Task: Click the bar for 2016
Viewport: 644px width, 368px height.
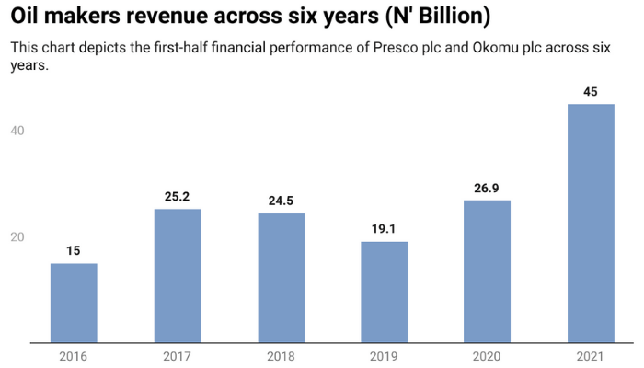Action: (x=74, y=304)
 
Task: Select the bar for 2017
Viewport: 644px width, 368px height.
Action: (x=178, y=276)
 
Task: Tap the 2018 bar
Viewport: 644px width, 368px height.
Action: (x=281, y=278)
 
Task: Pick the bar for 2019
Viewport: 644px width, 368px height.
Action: (x=384, y=293)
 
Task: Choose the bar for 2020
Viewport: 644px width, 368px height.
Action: (x=488, y=271)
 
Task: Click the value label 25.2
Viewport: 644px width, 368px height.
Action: (x=178, y=196)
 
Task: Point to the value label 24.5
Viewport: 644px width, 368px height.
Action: (x=281, y=200)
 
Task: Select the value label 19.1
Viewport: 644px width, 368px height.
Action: (x=384, y=228)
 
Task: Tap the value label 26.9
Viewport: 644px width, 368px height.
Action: (x=488, y=187)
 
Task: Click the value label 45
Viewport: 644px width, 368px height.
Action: (x=591, y=91)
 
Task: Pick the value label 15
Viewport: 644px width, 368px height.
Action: (x=74, y=250)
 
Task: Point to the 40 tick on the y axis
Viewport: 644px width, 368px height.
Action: (x=17, y=131)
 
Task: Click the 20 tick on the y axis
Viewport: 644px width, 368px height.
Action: (x=17, y=237)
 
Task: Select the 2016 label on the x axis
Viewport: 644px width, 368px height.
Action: (x=74, y=356)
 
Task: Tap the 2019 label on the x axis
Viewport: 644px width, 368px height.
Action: (x=384, y=356)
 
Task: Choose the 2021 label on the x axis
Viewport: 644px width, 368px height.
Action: (x=591, y=356)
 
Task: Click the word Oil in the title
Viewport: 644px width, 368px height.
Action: (x=29, y=17)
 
